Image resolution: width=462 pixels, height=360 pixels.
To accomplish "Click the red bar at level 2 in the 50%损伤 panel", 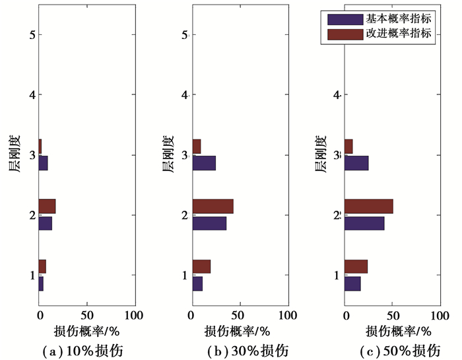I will pyautogui.click(x=368, y=206).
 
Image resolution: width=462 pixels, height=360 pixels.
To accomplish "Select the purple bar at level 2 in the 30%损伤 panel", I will pyautogui.click(x=209, y=223).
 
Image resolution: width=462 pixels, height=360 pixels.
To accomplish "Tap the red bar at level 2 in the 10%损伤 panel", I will pyautogui.click(x=47, y=206).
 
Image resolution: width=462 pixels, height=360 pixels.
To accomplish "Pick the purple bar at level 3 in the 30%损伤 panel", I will pyautogui.click(x=204, y=163).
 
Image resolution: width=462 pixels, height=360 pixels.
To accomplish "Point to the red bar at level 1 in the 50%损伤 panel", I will pyautogui.click(x=356, y=266).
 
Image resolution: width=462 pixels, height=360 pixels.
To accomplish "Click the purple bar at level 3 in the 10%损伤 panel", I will pyautogui.click(x=43, y=163).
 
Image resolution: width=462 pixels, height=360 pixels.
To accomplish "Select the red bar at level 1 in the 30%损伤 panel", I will pyautogui.click(x=201, y=266).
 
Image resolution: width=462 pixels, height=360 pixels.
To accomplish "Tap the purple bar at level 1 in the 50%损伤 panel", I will pyautogui.click(x=352, y=283).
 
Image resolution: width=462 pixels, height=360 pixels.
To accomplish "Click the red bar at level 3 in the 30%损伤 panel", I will pyautogui.click(x=197, y=146).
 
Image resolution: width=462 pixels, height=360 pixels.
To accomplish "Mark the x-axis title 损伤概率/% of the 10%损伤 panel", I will pyautogui.click(x=86, y=330).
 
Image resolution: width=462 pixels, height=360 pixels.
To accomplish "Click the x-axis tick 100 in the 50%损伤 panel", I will pyautogui.click(x=440, y=314).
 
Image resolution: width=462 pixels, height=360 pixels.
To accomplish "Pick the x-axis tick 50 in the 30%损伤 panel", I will pyautogui.click(x=240, y=314).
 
